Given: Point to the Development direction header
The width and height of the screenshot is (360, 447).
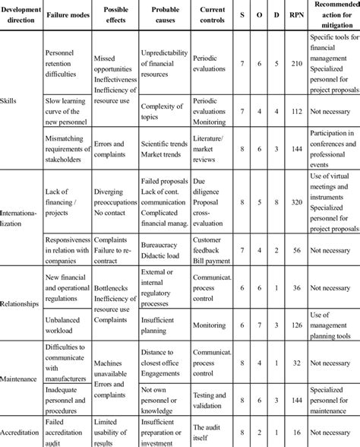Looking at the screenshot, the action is click(20, 15).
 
